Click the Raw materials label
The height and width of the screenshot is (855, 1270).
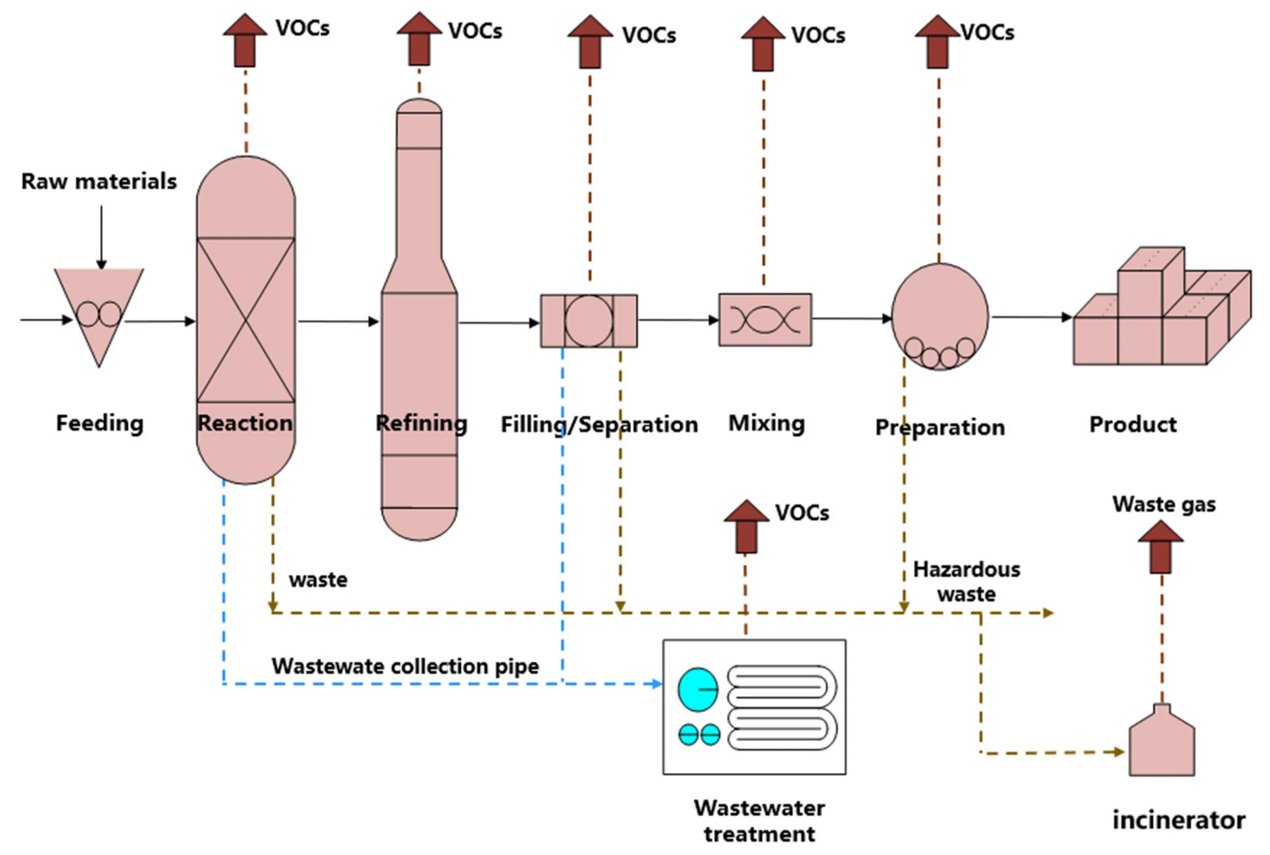[x=99, y=181]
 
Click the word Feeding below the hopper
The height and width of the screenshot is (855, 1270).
[x=100, y=423]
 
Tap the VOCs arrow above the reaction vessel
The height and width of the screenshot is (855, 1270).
[x=245, y=41]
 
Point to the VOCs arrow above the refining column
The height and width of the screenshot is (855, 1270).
[x=419, y=40]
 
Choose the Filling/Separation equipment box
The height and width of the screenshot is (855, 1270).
[x=588, y=321]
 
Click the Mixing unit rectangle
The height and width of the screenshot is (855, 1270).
[x=765, y=319]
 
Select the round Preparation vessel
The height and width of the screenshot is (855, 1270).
[x=939, y=316]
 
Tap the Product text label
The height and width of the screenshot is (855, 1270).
[x=1132, y=424]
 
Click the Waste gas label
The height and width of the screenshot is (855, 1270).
[x=1164, y=504]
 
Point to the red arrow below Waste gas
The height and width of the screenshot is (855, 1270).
[x=1160, y=547]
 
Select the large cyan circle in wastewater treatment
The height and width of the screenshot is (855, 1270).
[x=698, y=690]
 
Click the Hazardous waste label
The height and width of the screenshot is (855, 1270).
[x=966, y=581]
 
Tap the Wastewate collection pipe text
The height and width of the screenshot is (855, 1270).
[x=405, y=666]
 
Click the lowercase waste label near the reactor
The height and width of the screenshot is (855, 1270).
[x=318, y=580]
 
